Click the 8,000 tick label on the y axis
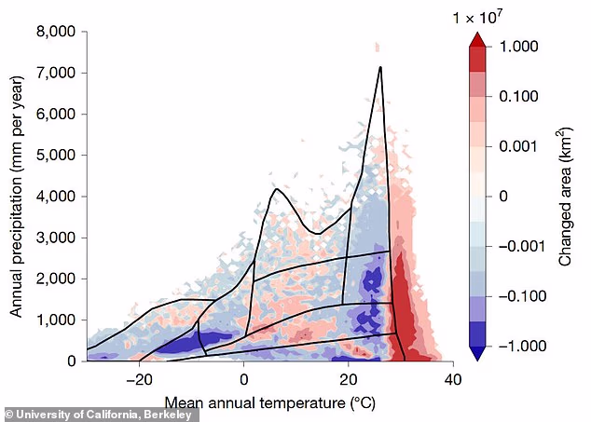pyautogui.click(x=55, y=32)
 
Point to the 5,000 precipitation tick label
pyautogui.click(x=55, y=156)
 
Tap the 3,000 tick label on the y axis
pyautogui.click(x=55, y=238)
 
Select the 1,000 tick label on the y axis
pyautogui.click(x=55, y=320)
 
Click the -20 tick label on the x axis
pyautogui.click(x=138, y=379)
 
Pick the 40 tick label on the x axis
pyautogui.click(x=453, y=379)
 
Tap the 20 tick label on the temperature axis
pyautogui.click(x=348, y=379)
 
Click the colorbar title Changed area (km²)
pyautogui.click(x=566, y=196)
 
